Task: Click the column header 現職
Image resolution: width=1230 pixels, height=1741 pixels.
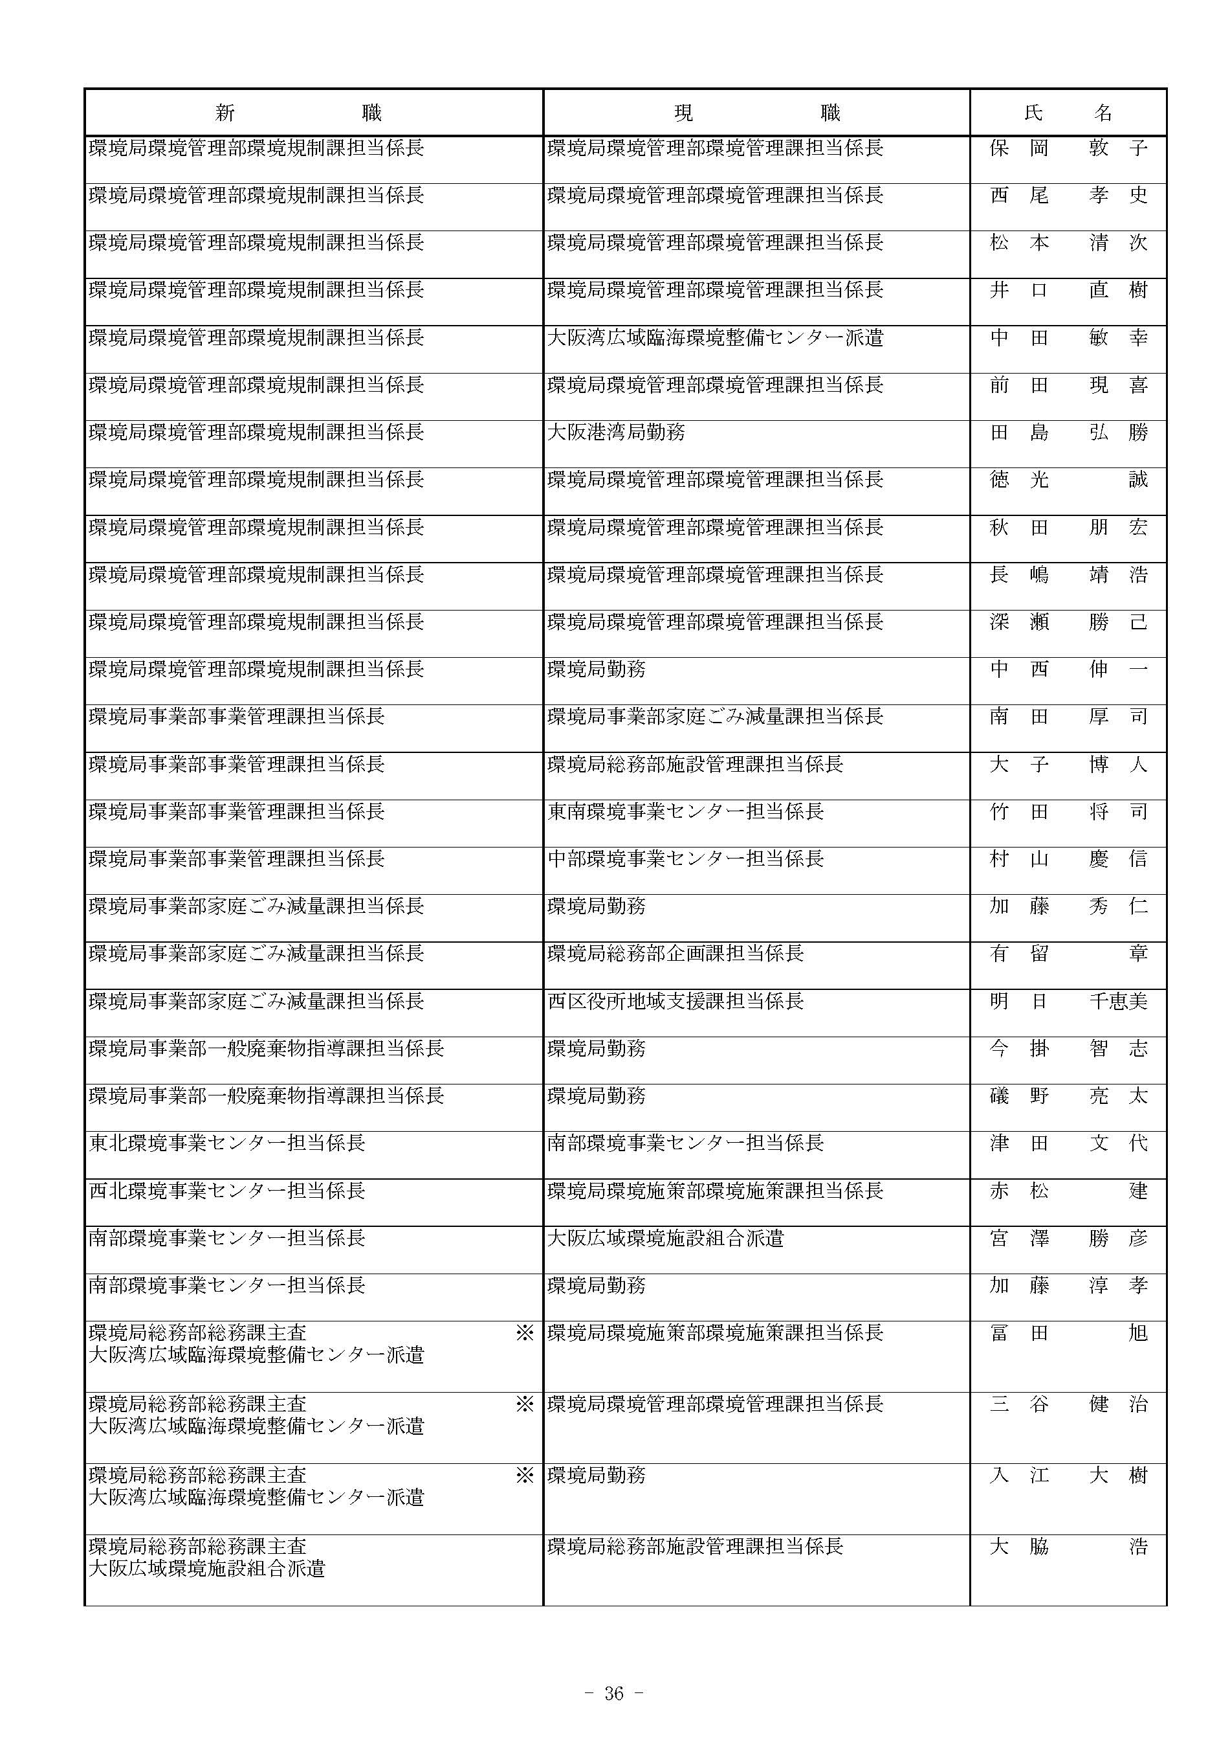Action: pyautogui.click(x=757, y=113)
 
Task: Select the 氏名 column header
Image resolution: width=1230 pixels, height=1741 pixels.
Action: pyautogui.click(x=1068, y=113)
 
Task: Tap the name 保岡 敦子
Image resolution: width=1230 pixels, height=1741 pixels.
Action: pyautogui.click(x=1068, y=148)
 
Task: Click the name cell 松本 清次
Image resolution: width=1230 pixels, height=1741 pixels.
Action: pyautogui.click(x=1068, y=243)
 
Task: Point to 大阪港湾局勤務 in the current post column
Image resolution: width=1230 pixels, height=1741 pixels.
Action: pyautogui.click(x=616, y=432)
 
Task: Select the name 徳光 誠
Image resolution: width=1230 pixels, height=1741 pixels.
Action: pyautogui.click(x=1068, y=479)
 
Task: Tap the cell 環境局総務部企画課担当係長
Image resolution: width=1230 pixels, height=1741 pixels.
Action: pyautogui.click(x=675, y=953)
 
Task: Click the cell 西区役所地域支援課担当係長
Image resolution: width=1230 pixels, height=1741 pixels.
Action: pyautogui.click(x=675, y=1001)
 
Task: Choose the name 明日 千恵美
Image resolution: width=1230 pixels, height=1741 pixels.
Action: pyautogui.click(x=1068, y=1001)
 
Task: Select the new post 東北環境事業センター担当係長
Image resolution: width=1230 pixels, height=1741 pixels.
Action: pyautogui.click(x=227, y=1143)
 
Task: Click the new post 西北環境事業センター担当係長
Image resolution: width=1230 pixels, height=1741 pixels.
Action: pyautogui.click(x=227, y=1191)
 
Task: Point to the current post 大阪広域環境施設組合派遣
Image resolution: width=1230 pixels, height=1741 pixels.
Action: pyautogui.click(x=665, y=1239)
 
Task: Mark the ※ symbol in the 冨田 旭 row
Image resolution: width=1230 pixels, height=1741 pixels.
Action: pyautogui.click(x=525, y=1333)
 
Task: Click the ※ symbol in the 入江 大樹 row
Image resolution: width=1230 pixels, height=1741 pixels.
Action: pyautogui.click(x=525, y=1475)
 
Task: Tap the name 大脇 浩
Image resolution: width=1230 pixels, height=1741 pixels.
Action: pyautogui.click(x=1068, y=1546)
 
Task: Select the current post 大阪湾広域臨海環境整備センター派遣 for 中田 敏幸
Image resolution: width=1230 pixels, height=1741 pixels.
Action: pyautogui.click(x=715, y=337)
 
